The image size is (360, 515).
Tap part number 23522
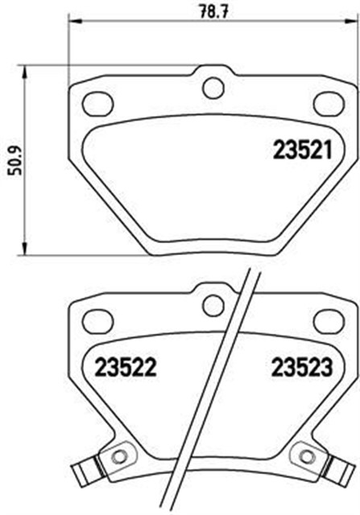[x=125, y=369]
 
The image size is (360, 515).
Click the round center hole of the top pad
[x=213, y=86]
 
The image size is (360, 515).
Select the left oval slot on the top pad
[x=98, y=102]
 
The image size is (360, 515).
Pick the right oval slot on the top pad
[x=327, y=102]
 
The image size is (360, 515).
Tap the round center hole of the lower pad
[x=213, y=305]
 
